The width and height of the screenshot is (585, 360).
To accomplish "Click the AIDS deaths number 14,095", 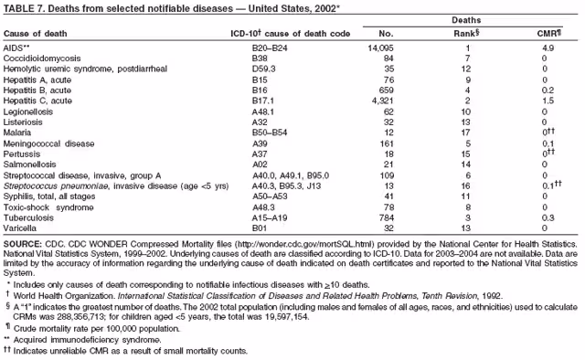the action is click(380, 48).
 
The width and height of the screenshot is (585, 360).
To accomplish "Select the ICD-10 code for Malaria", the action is click(270, 132).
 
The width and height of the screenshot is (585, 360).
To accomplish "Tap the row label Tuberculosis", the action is click(28, 217).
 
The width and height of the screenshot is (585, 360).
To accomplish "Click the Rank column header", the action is click(466, 34).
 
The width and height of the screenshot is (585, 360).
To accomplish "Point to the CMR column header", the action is click(549, 34).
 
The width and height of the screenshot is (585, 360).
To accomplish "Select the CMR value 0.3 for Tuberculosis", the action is click(548, 217).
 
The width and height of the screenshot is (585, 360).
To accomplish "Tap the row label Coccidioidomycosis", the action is click(42, 58).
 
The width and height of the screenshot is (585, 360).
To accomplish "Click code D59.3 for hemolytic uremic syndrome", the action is click(264, 69).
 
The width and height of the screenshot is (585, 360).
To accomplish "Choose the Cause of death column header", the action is click(35, 34).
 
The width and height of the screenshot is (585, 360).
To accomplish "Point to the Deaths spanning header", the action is click(466, 20).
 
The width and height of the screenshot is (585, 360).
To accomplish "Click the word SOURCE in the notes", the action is click(22, 244).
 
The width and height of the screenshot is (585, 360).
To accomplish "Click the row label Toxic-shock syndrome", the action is click(48, 207).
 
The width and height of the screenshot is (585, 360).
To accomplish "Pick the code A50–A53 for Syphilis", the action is click(270, 196).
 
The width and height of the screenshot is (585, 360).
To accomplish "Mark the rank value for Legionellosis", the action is click(465, 111).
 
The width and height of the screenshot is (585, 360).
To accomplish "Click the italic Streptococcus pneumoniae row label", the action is click(56, 186).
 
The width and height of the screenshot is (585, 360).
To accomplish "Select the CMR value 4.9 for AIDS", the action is click(548, 48).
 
